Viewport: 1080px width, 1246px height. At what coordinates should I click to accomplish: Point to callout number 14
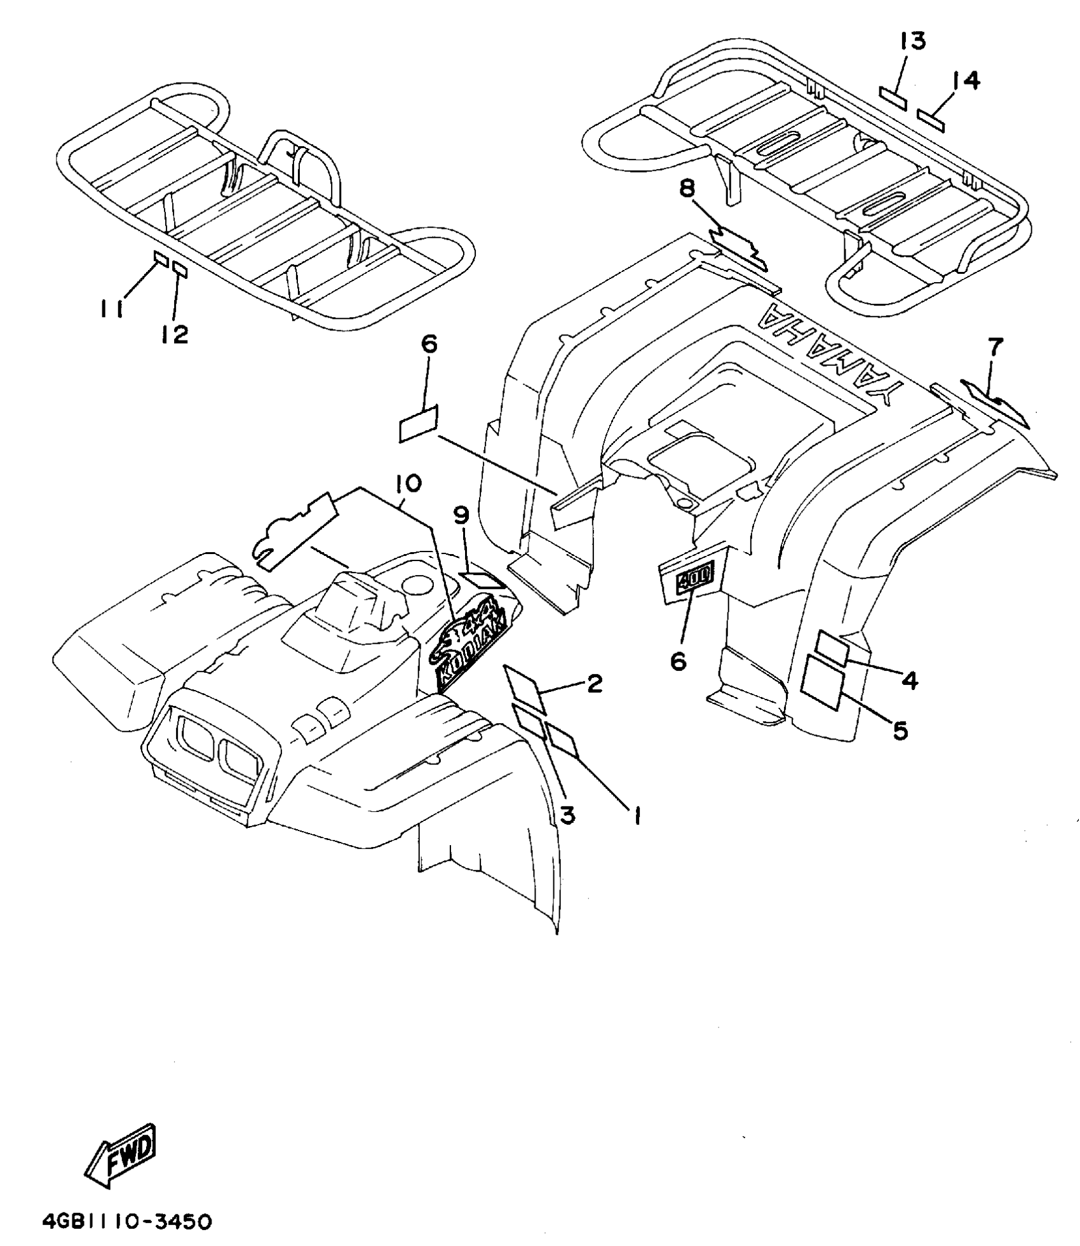pyautogui.click(x=966, y=81)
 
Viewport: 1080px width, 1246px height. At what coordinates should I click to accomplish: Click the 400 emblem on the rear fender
pyautogui.click(x=695, y=578)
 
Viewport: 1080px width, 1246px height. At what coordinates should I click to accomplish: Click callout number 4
pyautogui.click(x=909, y=681)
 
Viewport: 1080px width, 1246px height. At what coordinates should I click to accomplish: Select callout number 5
pyautogui.click(x=900, y=731)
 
